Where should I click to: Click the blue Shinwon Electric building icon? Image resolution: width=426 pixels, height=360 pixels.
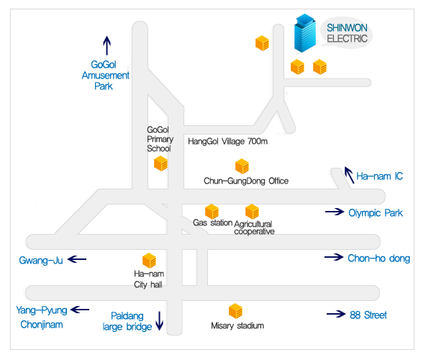point(305,33)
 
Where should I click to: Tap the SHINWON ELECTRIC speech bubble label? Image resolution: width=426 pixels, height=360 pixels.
point(347,33)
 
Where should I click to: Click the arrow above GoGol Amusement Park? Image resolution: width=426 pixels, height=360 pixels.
point(106,45)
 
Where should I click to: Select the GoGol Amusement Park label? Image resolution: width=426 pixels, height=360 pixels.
point(105,76)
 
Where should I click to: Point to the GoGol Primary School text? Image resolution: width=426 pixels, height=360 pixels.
point(160,139)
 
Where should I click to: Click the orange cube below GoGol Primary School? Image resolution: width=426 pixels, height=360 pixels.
point(160,163)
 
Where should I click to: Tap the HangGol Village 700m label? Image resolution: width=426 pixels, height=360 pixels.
point(227,141)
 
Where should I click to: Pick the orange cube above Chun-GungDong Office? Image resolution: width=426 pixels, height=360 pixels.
point(242,166)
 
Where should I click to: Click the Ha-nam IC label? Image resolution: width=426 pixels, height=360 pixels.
point(379,176)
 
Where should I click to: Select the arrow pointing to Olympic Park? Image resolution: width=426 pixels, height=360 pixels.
point(335,211)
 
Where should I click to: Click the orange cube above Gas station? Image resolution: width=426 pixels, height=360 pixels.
point(212,212)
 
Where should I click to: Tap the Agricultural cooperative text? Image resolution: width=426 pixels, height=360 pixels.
point(254,228)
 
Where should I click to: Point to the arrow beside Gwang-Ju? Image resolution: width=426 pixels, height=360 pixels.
point(77,259)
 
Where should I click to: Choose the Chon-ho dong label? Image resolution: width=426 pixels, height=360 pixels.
point(379,258)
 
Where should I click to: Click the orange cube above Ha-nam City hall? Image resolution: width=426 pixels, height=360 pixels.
point(149,261)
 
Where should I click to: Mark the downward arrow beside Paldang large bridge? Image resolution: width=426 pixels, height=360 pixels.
point(160,321)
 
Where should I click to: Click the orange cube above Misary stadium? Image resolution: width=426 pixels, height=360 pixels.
point(235,311)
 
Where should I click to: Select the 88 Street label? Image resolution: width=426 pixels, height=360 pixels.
point(368,315)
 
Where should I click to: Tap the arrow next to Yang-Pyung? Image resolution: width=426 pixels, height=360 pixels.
point(80,310)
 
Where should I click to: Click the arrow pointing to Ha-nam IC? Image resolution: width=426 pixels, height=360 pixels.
point(350,175)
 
